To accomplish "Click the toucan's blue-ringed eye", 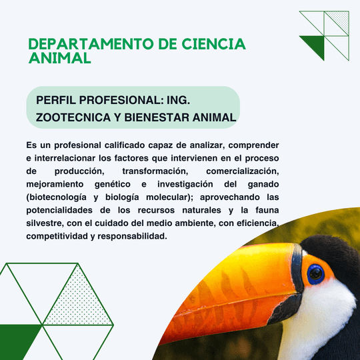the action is [x=315, y=274].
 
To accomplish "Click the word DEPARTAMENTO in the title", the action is [x=91, y=44].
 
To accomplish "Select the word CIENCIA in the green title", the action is [x=214, y=44].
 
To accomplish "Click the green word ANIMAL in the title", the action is [x=60, y=58].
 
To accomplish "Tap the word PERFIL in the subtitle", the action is [x=56, y=100].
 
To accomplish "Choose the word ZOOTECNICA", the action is [x=73, y=117].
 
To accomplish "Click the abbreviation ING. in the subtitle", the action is [x=179, y=100].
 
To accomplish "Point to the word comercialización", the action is [x=243, y=171].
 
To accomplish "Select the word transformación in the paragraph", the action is [x=155, y=171].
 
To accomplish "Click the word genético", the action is [x=113, y=185].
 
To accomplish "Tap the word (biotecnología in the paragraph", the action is [x=56, y=197].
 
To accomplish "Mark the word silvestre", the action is [x=45, y=223].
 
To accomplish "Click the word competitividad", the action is [x=57, y=236].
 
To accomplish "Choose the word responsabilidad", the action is [x=132, y=236].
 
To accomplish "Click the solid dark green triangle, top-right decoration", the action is [x=316, y=44].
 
